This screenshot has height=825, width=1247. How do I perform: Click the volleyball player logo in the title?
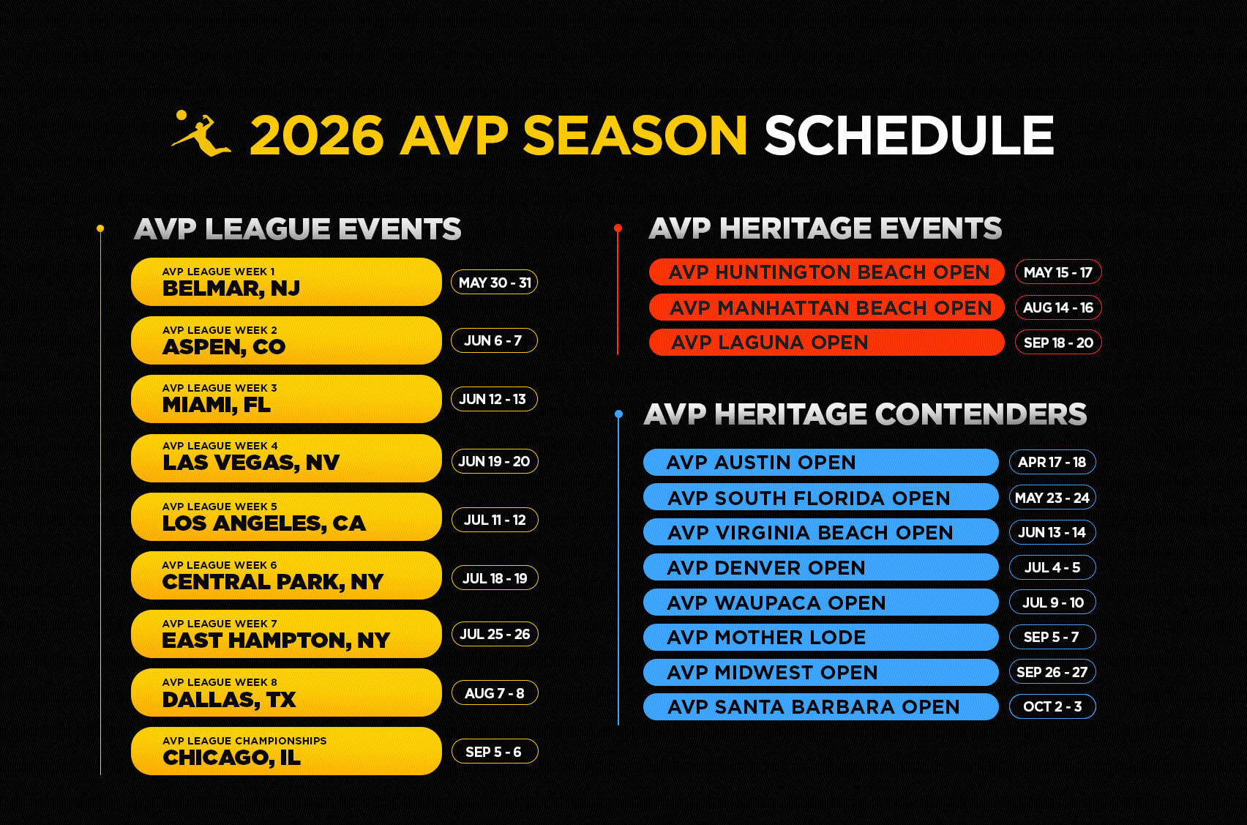201,134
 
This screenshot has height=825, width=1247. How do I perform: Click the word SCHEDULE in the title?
909,135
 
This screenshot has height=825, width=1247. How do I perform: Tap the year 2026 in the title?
317,135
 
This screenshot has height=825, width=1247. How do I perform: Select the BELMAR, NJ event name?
231,288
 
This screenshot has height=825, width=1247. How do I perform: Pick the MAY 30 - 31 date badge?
495,283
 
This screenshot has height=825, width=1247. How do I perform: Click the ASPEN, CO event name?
224,347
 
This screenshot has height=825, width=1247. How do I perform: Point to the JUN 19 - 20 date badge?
495,461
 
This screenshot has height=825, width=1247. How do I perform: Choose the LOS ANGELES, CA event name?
264,523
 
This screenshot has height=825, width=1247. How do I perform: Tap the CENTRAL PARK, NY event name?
273,582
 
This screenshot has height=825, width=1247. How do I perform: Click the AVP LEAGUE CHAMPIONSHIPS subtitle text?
244,740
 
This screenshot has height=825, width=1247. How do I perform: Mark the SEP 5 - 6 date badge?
495,752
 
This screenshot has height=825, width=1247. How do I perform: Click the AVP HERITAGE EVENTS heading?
825,228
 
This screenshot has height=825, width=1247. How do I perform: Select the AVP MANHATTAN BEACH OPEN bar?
827,307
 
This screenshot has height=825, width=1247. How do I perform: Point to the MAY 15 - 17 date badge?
1057,272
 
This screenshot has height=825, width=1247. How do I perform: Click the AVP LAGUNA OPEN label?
769,343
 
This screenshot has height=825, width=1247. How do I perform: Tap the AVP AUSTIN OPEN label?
760,462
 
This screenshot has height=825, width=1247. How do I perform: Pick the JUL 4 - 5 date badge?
1052,567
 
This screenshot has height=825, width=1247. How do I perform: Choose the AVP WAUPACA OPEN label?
776,602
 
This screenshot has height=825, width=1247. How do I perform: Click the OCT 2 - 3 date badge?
1052,706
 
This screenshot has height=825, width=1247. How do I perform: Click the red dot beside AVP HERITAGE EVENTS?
618,228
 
